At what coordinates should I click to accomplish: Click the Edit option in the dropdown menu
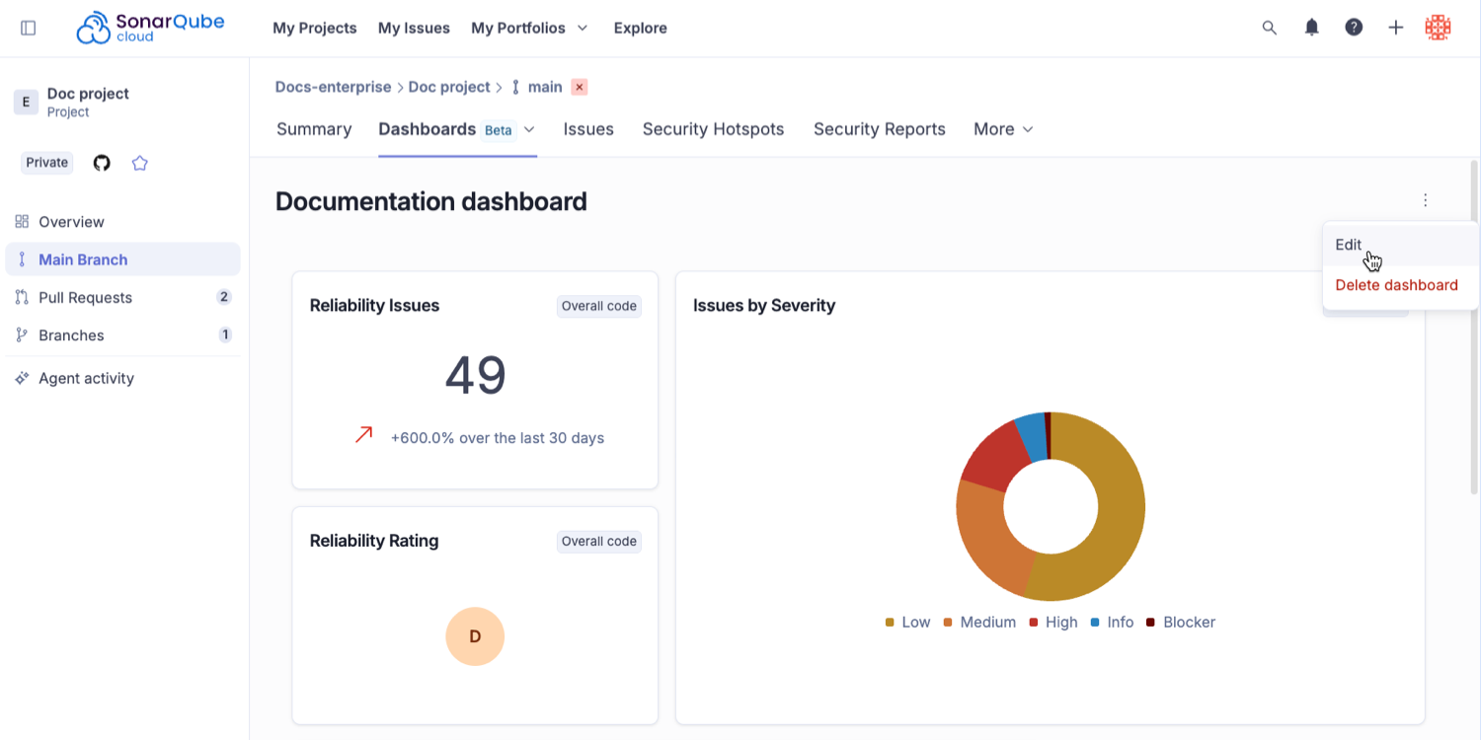pyautogui.click(x=1349, y=245)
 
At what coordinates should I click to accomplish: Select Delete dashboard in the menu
pyautogui.click(x=1396, y=285)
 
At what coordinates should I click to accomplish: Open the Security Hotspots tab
pyautogui.click(x=713, y=129)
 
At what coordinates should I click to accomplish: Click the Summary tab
pyautogui.click(x=314, y=129)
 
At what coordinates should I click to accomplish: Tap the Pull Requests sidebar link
pyautogui.click(x=85, y=297)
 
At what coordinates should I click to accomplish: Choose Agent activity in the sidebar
pyautogui.click(x=86, y=378)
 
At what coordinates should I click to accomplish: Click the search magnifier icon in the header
pyautogui.click(x=1270, y=28)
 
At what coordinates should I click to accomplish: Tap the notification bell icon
pyautogui.click(x=1311, y=28)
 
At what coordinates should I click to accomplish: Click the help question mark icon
pyautogui.click(x=1354, y=28)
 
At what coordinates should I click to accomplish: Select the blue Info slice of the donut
pyautogui.click(x=1031, y=435)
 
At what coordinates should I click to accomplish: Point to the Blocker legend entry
pyautogui.click(x=1181, y=623)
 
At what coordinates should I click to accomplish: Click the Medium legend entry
pyautogui.click(x=979, y=623)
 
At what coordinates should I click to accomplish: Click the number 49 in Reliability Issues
pyautogui.click(x=475, y=376)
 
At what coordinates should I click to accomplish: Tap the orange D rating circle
pyautogui.click(x=475, y=636)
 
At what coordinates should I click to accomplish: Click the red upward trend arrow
pyautogui.click(x=364, y=434)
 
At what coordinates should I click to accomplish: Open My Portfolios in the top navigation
pyautogui.click(x=529, y=28)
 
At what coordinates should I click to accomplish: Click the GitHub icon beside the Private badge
pyautogui.click(x=102, y=163)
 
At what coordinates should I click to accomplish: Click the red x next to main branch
pyautogui.click(x=580, y=87)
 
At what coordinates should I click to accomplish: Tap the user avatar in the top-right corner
pyautogui.click(x=1438, y=28)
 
